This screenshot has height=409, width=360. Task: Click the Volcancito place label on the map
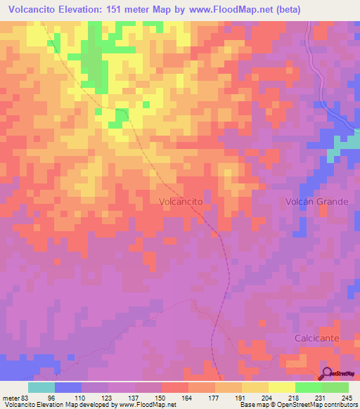pyautogui.click(x=181, y=201)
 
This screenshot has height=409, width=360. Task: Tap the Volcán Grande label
pyautogui.click(x=316, y=202)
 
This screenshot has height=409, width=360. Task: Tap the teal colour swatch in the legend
pyautogui.click(x=41, y=387)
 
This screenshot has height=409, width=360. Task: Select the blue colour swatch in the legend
pyautogui.click(x=68, y=387)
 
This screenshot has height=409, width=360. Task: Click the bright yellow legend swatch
pyautogui.click(x=281, y=387)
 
